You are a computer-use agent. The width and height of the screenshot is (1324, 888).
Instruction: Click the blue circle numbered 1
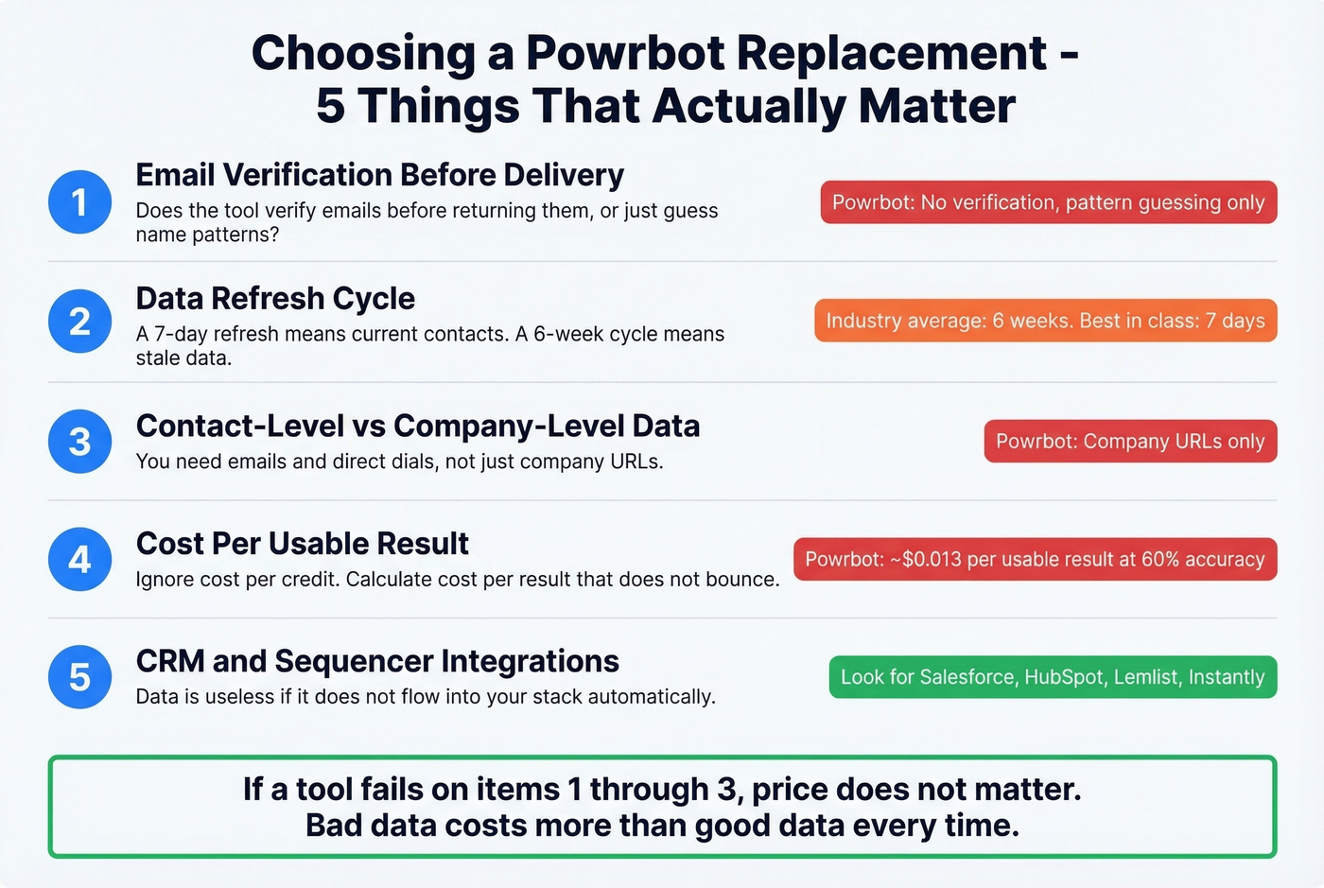pos(79,201)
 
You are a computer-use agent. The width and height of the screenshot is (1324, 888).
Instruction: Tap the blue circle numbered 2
pos(79,322)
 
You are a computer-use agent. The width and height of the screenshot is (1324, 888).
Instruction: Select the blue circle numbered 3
pos(79,442)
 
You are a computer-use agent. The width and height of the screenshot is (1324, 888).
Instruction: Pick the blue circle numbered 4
pos(79,559)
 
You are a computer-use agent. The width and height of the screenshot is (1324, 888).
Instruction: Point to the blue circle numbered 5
pos(79,677)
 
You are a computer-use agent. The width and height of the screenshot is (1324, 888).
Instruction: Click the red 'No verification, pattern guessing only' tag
pos(1048,202)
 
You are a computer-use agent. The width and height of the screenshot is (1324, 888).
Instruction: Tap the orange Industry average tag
pos(1045,321)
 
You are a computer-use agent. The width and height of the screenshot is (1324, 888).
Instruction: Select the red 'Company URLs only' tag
pos(1130,442)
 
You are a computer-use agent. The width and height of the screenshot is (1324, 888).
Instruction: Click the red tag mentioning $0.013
pos(1035,559)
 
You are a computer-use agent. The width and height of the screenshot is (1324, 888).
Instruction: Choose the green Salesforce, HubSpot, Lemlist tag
pos(1053,677)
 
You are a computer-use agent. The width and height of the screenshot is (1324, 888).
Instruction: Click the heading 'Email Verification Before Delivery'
pos(379,175)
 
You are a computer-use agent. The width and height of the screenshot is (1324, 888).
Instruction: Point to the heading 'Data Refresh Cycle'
pos(275,299)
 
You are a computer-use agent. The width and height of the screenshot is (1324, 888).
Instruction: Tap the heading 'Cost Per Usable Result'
pos(302,544)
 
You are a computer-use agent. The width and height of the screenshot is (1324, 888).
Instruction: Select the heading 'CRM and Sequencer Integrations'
pos(377,661)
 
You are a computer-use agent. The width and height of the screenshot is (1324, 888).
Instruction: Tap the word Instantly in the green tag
pos(1226,677)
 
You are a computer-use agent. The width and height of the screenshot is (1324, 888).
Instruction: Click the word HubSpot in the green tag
pos(1064,677)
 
